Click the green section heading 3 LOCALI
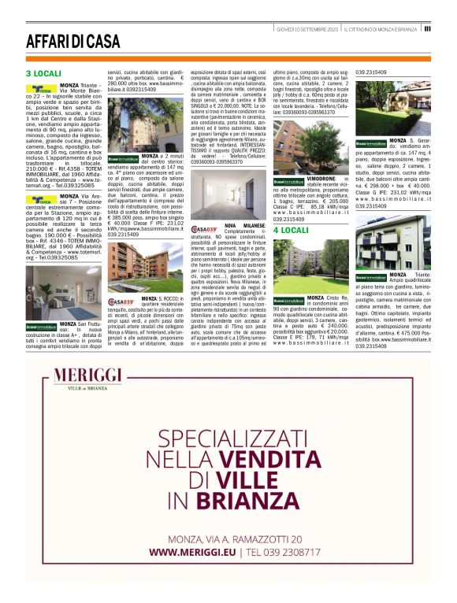click(x=43, y=73)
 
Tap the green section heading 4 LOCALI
click(x=291, y=231)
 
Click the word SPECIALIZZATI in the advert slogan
click(x=228, y=438)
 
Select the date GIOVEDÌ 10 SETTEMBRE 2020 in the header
click(x=307, y=29)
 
